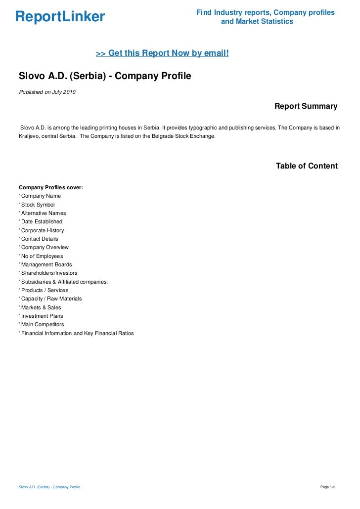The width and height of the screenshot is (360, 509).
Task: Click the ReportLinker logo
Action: (60, 17)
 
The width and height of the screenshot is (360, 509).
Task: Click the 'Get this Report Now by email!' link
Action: (162, 53)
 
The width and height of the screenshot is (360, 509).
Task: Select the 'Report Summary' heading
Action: (306, 106)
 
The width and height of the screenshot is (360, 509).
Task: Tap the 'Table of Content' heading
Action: (307, 166)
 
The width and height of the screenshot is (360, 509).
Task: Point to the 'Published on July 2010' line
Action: (47, 92)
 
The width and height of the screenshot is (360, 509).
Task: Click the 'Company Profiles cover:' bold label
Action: (50, 187)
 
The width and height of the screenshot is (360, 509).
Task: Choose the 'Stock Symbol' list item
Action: (38, 205)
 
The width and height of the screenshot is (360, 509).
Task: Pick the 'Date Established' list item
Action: (42, 222)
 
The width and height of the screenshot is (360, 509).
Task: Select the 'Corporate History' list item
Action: (42, 230)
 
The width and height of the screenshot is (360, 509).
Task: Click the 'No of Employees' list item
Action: (42, 256)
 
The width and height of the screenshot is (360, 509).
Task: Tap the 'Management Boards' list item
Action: (46, 265)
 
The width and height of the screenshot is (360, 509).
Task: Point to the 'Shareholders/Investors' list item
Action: (49, 273)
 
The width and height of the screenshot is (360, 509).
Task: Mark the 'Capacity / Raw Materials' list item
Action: (51, 298)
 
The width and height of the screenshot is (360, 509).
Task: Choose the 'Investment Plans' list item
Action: (42, 316)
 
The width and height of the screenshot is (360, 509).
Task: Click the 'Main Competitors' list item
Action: (42, 324)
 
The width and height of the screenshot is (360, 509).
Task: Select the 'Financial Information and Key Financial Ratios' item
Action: (77, 333)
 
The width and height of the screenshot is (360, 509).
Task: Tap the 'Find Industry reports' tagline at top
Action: (265, 12)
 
